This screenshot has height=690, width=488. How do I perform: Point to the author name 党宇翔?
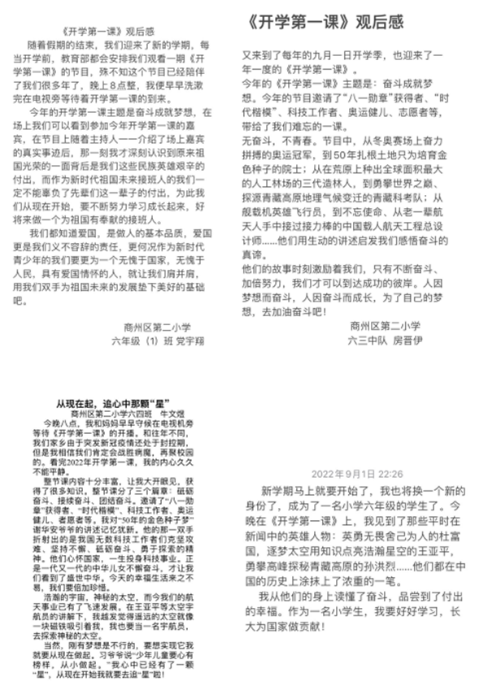click(x=189, y=341)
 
